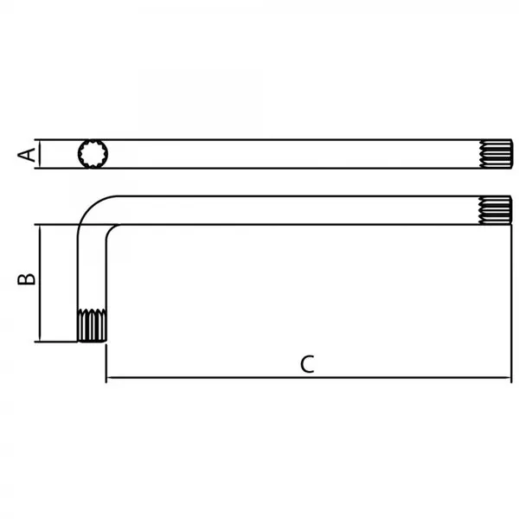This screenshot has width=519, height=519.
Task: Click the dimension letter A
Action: (x=27, y=155)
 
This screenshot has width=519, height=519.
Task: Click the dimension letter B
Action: (x=27, y=279)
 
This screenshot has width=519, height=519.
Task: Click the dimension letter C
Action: (x=307, y=364)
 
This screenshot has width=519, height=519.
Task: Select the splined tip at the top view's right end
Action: (x=496, y=154)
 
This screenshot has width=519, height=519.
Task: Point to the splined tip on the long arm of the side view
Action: (x=496, y=210)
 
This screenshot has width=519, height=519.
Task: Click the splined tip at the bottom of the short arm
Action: (x=92, y=325)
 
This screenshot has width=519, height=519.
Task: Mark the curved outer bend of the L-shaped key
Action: (x=89, y=205)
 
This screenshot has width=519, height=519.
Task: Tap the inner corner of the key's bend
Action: (x=112, y=230)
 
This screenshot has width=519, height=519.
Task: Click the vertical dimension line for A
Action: (x=40, y=154)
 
